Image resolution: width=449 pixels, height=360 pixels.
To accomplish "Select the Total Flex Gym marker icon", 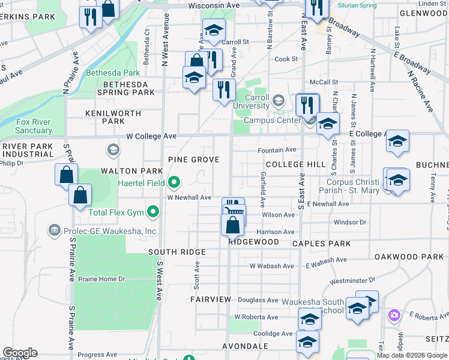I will pyautogui.click(x=154, y=212).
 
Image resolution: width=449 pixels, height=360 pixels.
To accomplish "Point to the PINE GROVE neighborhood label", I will pyautogui.click(x=193, y=160).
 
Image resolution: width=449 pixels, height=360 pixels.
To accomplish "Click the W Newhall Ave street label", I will pyautogui.click(x=189, y=197).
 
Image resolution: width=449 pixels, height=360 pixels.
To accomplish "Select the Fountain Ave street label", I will pyautogui.click(x=277, y=150).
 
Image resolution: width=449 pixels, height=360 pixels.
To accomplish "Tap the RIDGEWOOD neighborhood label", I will pyautogui.click(x=253, y=242).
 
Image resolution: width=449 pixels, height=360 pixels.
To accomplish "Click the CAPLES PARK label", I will pyautogui.click(x=321, y=244).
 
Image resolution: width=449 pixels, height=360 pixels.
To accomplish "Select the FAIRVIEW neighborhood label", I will pyautogui.click(x=211, y=299).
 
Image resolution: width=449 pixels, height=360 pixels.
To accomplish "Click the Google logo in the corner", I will pyautogui.click(x=20, y=353).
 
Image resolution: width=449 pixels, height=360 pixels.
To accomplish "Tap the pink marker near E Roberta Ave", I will pyautogui.click(x=394, y=315).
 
